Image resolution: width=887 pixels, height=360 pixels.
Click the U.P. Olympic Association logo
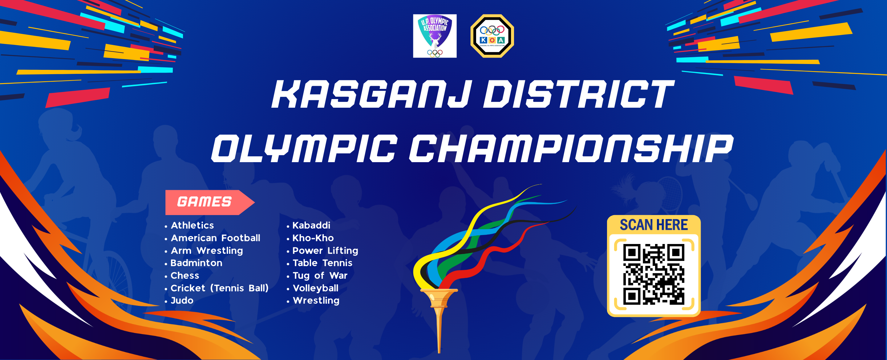coord(435,36)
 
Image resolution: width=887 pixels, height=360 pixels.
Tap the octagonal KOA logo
coord(492,36)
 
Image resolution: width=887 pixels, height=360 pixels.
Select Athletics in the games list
coord(192,226)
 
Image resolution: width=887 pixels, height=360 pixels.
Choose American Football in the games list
coord(216,238)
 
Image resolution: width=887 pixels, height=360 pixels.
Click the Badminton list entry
coord(196,263)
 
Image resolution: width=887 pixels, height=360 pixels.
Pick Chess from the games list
coord(184,275)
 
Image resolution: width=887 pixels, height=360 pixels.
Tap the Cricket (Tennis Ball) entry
coord(219,288)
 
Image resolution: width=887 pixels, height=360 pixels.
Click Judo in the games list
coord(182,300)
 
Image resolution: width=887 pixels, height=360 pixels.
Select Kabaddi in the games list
coord(311,226)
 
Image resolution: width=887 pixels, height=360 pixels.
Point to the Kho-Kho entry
coord(313,238)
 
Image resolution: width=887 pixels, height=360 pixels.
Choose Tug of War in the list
coord(320,275)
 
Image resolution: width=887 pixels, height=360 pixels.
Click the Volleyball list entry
coord(315,288)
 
